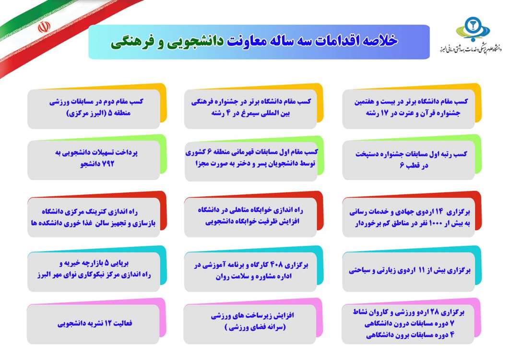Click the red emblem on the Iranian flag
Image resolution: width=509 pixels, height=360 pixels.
pyautogui.click(x=44, y=27)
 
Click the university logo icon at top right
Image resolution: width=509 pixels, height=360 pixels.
pyautogui.click(x=473, y=29)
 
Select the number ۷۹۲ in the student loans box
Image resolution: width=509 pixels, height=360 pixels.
pyautogui.click(x=108, y=163)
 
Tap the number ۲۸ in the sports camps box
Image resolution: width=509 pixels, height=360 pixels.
pyautogui.click(x=434, y=312)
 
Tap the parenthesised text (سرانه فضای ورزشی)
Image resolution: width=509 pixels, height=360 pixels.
pyautogui.click(x=255, y=327)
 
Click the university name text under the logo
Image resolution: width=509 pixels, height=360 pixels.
pyautogui.click(x=470, y=49)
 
